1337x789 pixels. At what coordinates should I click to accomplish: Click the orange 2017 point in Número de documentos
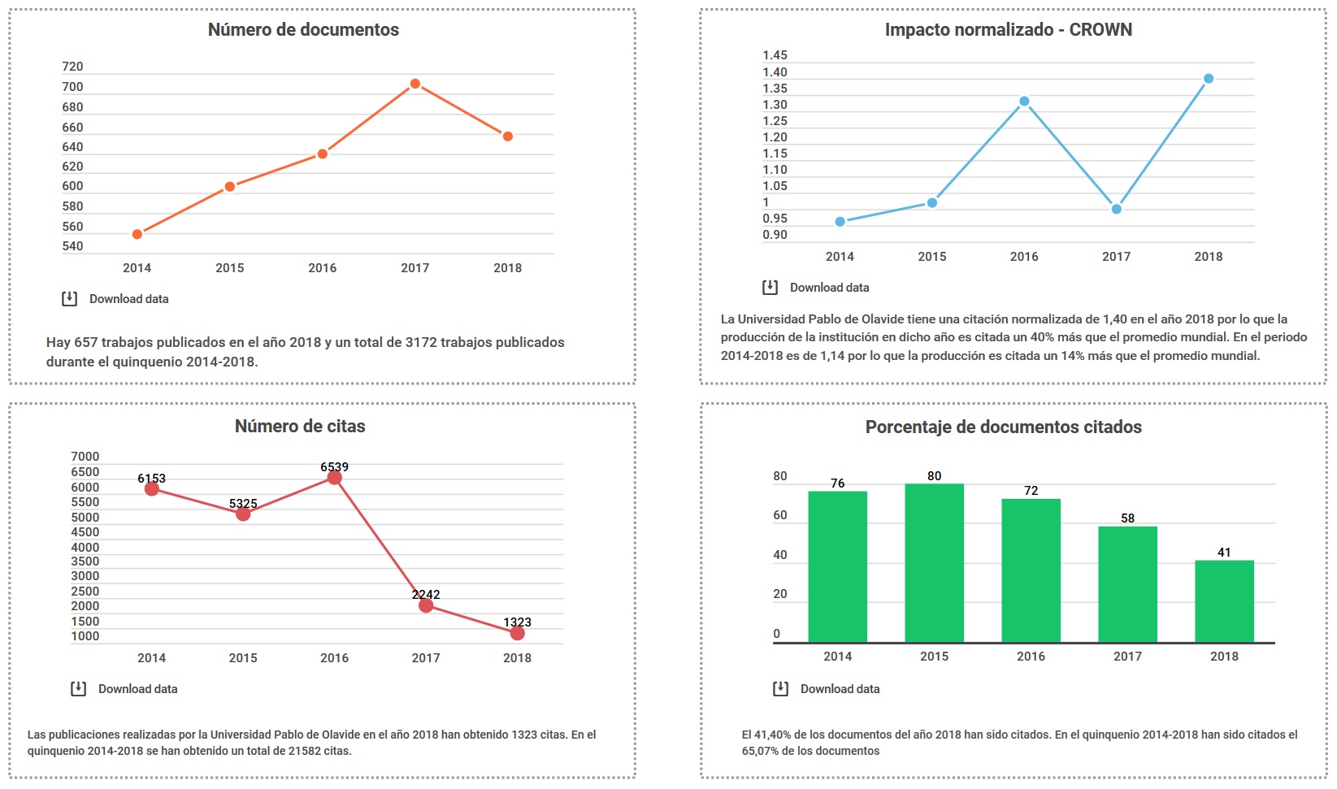click(415, 84)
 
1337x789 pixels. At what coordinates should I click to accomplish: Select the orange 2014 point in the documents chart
click(137, 234)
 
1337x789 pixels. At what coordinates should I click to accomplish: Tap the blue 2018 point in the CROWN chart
click(1208, 78)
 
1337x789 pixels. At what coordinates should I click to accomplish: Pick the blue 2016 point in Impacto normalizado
click(1024, 101)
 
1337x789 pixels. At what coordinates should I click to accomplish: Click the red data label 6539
click(334, 466)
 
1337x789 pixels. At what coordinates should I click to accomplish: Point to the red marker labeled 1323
click(517, 633)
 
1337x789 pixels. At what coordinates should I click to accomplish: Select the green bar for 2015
click(934, 563)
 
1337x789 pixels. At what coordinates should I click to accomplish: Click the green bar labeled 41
click(1224, 601)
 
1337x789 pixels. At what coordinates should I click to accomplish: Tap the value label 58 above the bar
click(1127, 518)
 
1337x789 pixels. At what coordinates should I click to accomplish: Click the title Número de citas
click(300, 426)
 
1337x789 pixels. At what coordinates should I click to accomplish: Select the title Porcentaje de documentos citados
click(1003, 427)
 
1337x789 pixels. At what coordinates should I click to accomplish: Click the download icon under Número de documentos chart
click(69, 298)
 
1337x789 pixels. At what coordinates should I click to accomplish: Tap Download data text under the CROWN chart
click(829, 288)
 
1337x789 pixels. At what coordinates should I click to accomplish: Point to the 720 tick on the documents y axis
click(72, 67)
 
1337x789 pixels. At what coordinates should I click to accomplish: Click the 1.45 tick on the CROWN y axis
click(775, 55)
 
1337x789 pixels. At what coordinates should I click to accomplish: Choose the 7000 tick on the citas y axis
click(85, 457)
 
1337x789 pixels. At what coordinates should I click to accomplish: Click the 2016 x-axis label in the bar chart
click(1031, 657)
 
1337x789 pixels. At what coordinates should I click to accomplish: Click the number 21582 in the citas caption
click(305, 751)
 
